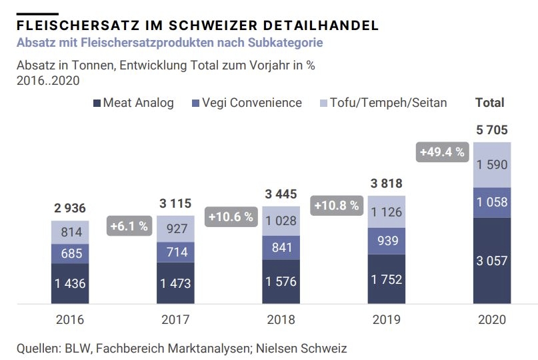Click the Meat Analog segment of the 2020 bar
pyautogui.click(x=492, y=260)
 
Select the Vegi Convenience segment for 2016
pyautogui.click(x=70, y=254)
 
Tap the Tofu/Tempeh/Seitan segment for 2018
pyautogui.click(x=281, y=221)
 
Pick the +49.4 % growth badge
pyautogui.click(x=441, y=152)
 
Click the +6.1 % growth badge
pyautogui.click(x=128, y=226)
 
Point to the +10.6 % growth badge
pyautogui.click(x=231, y=216)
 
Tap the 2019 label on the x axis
pyautogui.click(x=386, y=320)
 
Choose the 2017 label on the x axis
pyautogui.click(x=175, y=320)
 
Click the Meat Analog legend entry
pyautogui.click(x=133, y=103)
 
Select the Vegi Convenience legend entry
pyautogui.click(x=247, y=103)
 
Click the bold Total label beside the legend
pyautogui.click(x=490, y=103)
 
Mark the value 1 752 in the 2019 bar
pyautogui.click(x=386, y=280)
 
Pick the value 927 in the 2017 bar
pyautogui.click(x=175, y=228)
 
